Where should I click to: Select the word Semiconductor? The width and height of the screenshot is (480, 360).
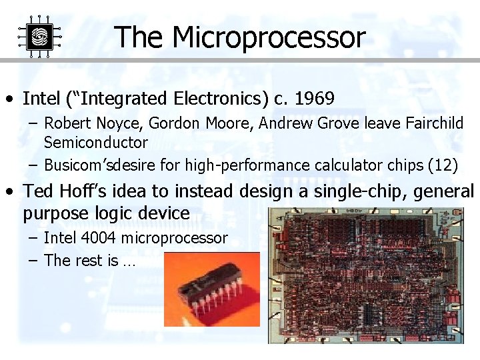click(95, 142)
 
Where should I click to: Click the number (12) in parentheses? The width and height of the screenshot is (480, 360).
click(444, 165)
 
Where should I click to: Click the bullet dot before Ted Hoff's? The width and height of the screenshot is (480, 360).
click(10, 192)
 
